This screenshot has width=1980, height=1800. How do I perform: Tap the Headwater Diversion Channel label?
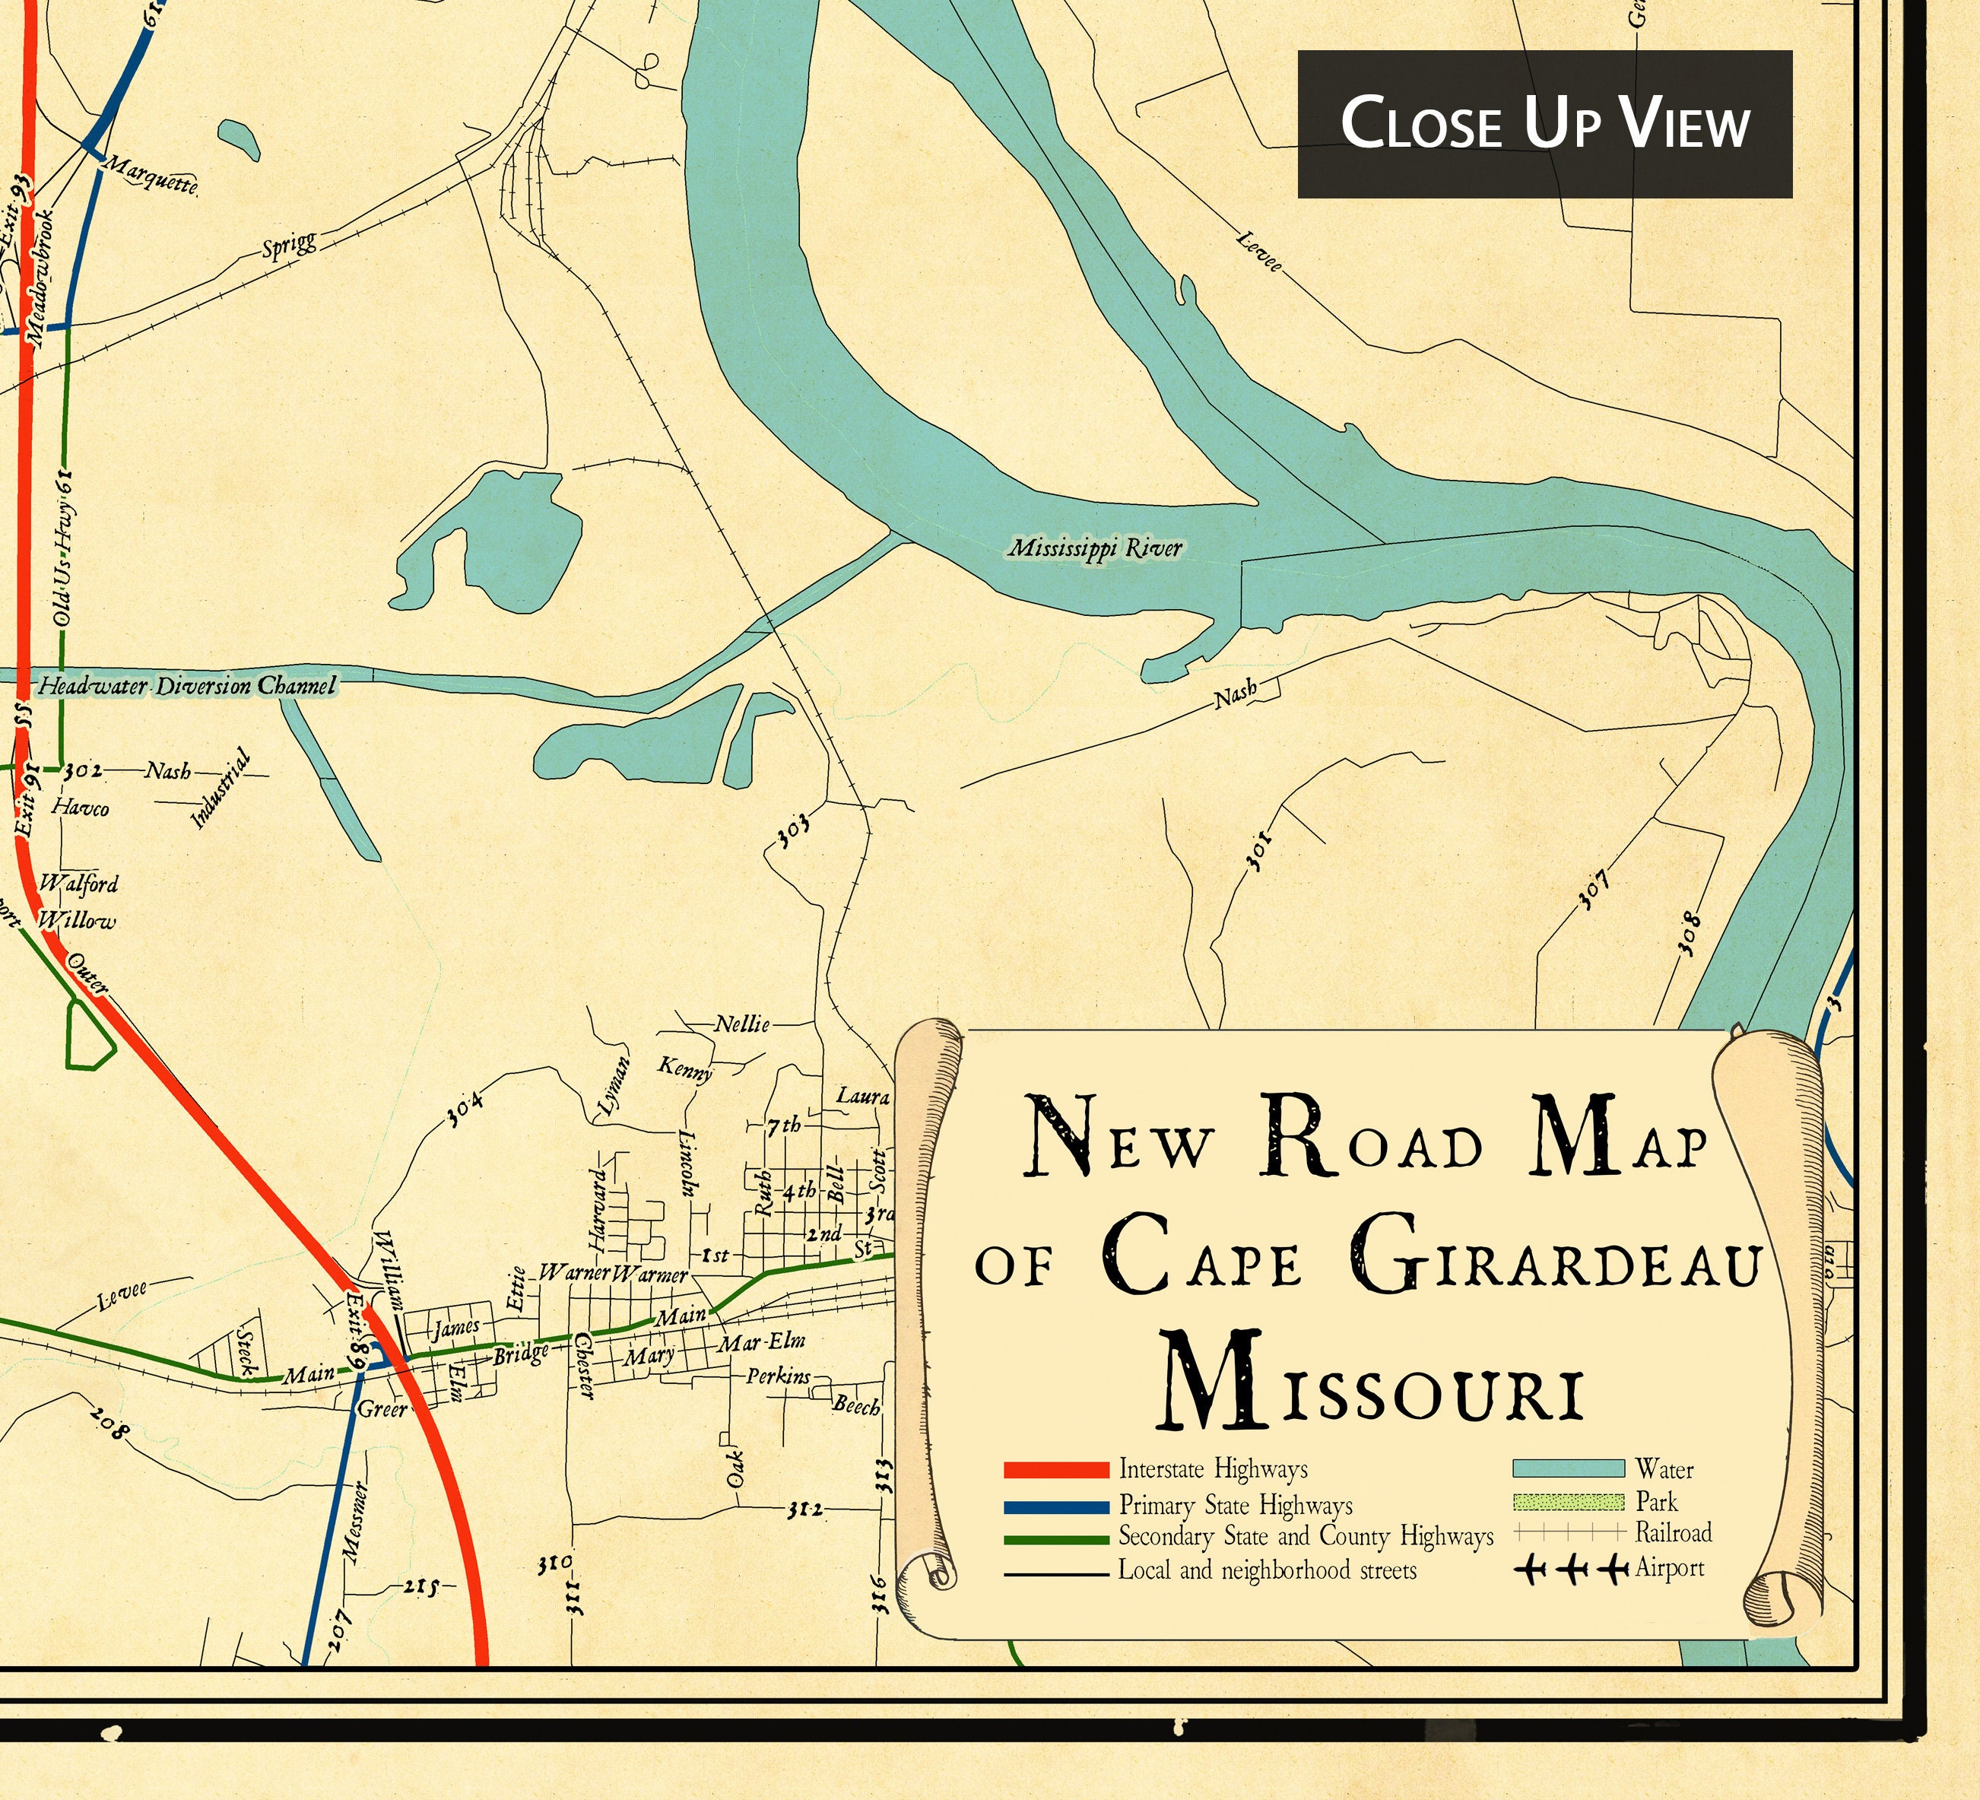(186, 685)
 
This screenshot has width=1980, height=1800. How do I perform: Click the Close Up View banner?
(1544, 124)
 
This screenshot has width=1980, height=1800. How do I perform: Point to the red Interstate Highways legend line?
(1056, 1470)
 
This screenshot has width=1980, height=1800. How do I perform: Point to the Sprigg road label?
(290, 245)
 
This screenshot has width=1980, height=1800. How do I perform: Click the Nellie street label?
(741, 1025)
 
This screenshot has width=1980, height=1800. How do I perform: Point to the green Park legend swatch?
(1568, 1501)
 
